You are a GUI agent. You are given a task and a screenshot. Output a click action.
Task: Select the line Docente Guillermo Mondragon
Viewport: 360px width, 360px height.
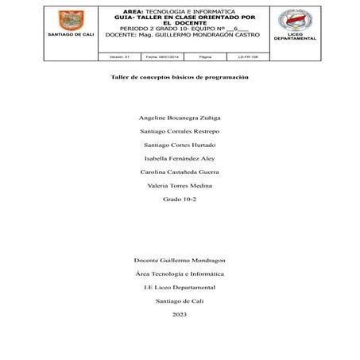click(x=180, y=260)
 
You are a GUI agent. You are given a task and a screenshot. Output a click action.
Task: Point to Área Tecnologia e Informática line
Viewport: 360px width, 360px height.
click(x=180, y=273)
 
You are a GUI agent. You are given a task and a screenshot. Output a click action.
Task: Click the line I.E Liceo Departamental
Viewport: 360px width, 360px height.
click(x=180, y=287)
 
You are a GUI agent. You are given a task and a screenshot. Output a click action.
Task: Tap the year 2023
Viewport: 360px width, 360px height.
click(x=180, y=314)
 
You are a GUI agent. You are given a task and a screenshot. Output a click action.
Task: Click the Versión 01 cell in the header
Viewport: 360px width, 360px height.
click(x=119, y=57)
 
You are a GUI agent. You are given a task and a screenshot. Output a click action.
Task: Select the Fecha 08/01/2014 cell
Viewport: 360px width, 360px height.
click(x=162, y=57)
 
